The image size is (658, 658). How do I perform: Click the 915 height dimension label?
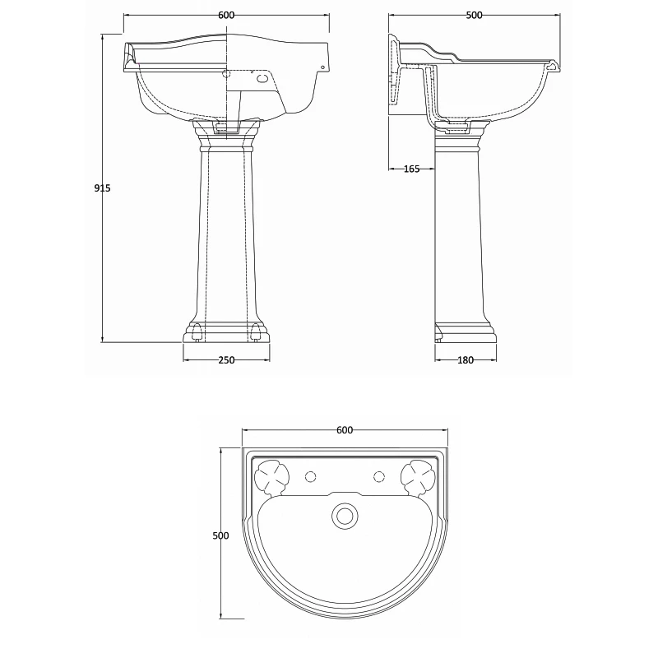click(102, 188)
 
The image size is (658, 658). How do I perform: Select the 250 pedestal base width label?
click(226, 359)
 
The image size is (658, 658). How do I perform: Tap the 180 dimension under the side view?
click(465, 359)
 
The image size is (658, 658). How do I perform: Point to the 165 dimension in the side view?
click(411, 169)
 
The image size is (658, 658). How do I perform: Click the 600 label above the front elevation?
click(226, 16)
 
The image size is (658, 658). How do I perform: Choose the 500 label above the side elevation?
click(474, 16)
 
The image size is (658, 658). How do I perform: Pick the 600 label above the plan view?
click(345, 430)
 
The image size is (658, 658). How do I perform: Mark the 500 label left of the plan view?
click(220, 535)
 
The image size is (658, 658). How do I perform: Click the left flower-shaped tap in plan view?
click(270, 476)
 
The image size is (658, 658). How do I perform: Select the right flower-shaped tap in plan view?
click(418, 476)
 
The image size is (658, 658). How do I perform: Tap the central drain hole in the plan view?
click(345, 516)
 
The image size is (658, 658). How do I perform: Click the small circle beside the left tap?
click(310, 476)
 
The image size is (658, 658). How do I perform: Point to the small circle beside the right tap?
click(379, 476)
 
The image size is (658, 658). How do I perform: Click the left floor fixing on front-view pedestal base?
click(196, 332)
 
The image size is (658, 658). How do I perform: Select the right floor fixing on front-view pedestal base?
click(256, 332)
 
